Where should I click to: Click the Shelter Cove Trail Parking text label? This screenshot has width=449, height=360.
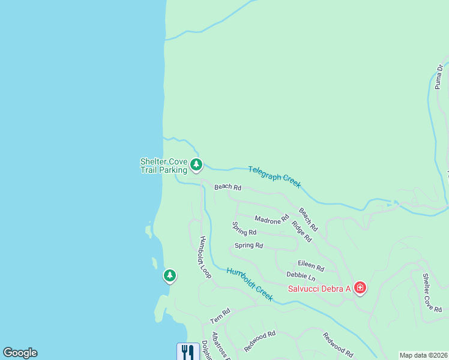pyautogui.click(x=163, y=166)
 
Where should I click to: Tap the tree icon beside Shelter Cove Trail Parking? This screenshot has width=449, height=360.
pyautogui.click(x=196, y=164)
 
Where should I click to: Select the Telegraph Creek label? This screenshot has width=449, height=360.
pyautogui.click(x=274, y=177)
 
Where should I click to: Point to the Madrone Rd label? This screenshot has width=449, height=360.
pyautogui.click(x=271, y=220)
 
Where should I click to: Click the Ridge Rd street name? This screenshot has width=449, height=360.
pyautogui.click(x=301, y=231)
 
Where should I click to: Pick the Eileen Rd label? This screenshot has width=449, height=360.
pyautogui.click(x=311, y=266)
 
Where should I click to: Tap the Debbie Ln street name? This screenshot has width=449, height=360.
pyautogui.click(x=300, y=276)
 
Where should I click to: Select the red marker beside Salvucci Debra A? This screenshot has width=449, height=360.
pyautogui.click(x=360, y=288)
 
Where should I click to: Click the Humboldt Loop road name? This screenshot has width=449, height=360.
pyautogui.click(x=205, y=256)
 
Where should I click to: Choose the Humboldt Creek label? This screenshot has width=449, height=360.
pyautogui.click(x=250, y=284)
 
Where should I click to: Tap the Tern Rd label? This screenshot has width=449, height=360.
pyautogui.click(x=220, y=316)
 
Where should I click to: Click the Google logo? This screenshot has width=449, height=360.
pyautogui.click(x=20, y=353)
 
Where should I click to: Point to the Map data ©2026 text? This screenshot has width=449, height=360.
pyautogui.click(x=423, y=355)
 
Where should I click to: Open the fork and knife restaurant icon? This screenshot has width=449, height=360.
pyautogui.click(x=188, y=352)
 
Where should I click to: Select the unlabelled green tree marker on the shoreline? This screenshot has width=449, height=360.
pyautogui.click(x=170, y=276)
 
